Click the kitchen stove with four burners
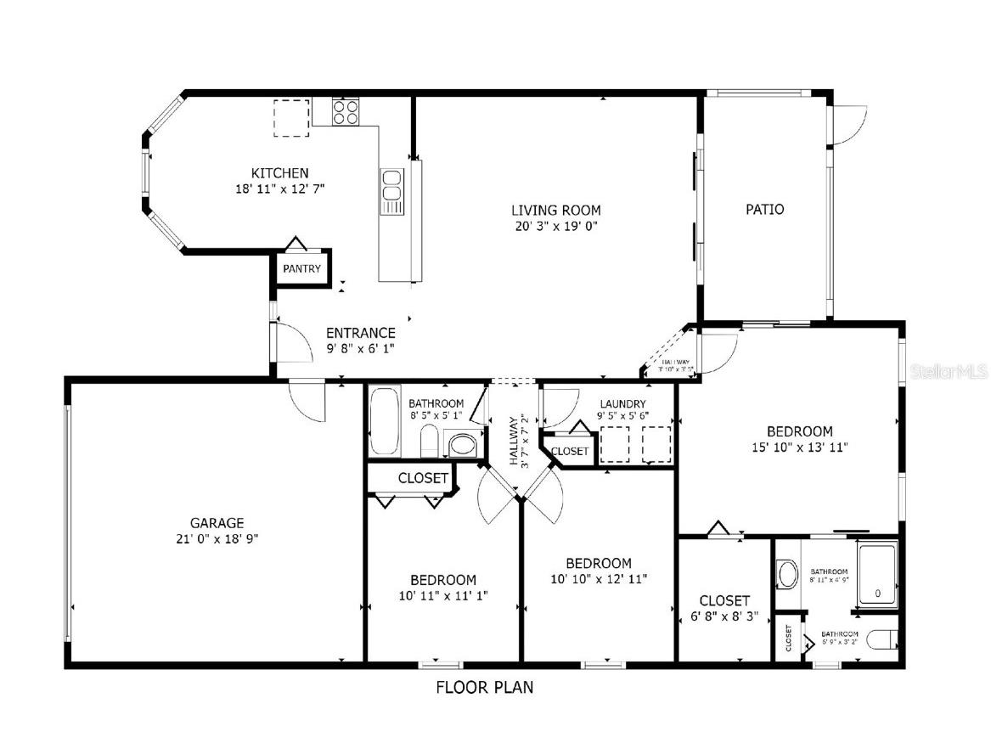[x=345, y=112]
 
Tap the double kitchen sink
[x=391, y=192]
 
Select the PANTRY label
[x=302, y=269]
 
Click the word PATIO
[x=764, y=209]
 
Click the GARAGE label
[x=217, y=523]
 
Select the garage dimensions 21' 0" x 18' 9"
[x=217, y=538]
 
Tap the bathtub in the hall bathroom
[x=385, y=421]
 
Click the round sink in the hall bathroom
[x=463, y=444]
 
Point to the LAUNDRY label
[x=622, y=403]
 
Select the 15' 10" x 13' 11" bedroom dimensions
[x=799, y=447]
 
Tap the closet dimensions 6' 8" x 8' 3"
[x=724, y=616]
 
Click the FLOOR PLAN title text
[x=485, y=687]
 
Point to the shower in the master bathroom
[x=877, y=575]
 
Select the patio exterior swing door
[x=849, y=126]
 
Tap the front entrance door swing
[x=294, y=343]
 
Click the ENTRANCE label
[x=361, y=333]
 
